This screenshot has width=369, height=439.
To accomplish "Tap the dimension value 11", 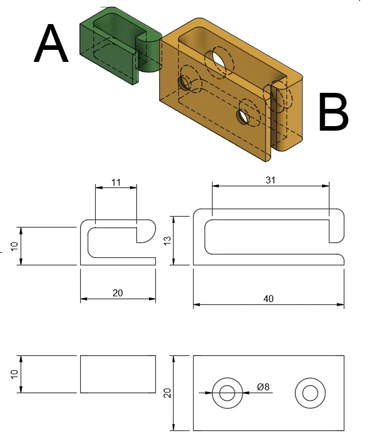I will (x=116, y=182).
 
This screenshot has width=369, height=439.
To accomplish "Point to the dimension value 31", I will (x=270, y=180).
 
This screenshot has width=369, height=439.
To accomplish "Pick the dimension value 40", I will (x=268, y=299).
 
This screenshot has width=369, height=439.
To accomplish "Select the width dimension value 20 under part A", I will (x=117, y=293).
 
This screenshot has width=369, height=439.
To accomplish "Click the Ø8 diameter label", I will (x=263, y=387).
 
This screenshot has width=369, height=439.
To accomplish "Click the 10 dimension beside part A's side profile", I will (x=15, y=246).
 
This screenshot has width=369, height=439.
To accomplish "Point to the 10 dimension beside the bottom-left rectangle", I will (x=15, y=374).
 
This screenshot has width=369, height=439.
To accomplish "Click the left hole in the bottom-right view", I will (x=227, y=393).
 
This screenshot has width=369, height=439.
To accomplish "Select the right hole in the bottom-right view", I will (x=311, y=393).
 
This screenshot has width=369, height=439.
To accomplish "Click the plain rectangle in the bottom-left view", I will (x=117, y=374).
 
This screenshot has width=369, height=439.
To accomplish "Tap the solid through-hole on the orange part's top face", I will (x=220, y=61).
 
